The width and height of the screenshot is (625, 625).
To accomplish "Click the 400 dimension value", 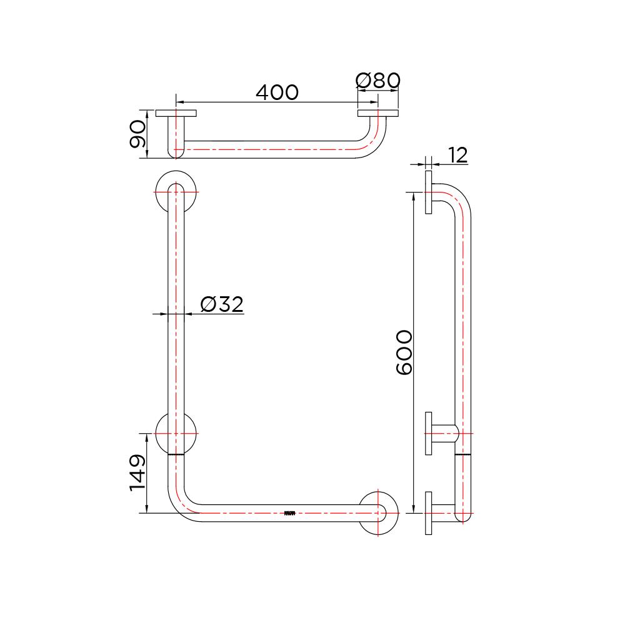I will coord(277,92).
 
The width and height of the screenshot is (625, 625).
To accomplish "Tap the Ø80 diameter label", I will coord(377,81).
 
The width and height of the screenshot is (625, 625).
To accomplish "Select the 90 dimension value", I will coord(137,134).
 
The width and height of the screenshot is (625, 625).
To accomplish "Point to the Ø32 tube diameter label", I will coord(221,304).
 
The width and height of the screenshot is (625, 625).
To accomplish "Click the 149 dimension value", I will coord(137,472).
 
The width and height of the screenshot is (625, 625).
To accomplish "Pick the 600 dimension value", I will coord(404,352).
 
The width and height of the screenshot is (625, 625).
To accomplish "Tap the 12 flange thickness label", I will coord(457,155).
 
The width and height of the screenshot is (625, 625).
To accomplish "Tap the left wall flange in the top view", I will coord(176,114).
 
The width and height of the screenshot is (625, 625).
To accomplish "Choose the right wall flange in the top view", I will coord(378,114).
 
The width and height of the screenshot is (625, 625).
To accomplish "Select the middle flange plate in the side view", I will coord(429,432).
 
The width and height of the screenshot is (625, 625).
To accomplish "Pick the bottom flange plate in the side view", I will coord(429,512).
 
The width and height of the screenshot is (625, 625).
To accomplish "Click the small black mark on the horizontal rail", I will coord(289,514).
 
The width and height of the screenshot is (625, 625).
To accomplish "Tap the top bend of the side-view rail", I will coord(459,197).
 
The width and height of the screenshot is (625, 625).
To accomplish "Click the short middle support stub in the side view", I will coord(445,432).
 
